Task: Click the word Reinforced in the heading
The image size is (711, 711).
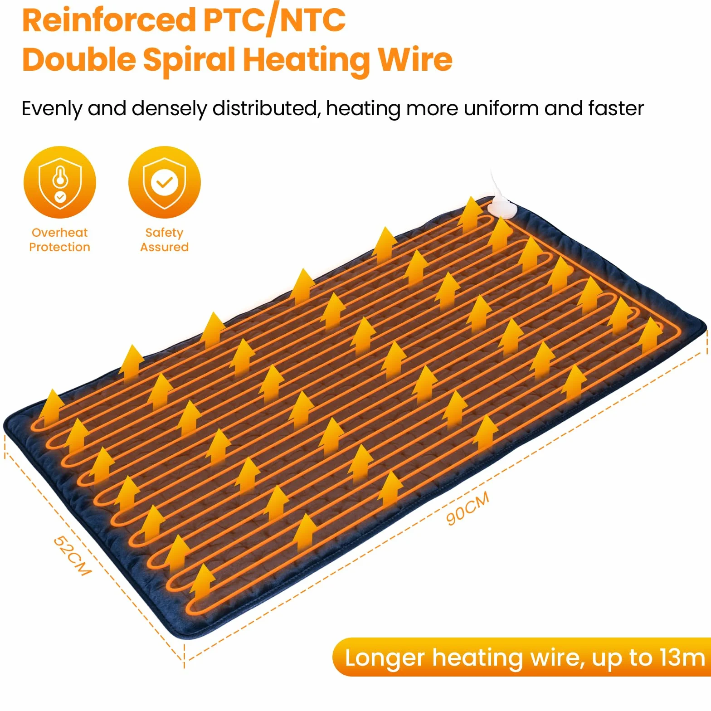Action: [109, 20]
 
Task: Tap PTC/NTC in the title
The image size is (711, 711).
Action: [274, 20]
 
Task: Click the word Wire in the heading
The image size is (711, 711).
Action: [415, 59]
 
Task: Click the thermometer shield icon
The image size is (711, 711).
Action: [60, 182]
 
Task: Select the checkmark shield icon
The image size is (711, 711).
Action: [164, 182]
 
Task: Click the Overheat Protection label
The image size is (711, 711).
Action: [59, 240]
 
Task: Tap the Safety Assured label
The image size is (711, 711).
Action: [164, 240]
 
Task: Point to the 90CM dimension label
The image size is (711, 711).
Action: [468, 508]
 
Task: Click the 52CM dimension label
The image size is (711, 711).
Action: [73, 555]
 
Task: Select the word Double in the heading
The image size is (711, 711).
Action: [79, 59]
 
